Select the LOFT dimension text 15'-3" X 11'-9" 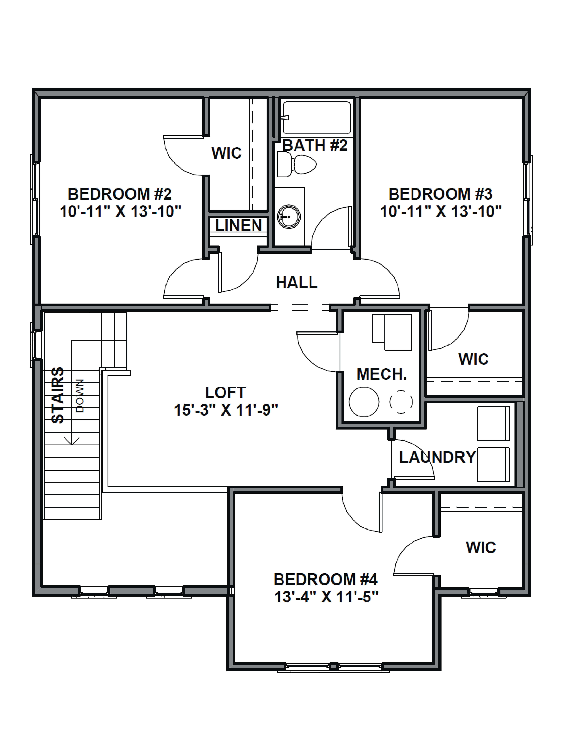click(226, 410)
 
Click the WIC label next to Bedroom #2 click(227, 153)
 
